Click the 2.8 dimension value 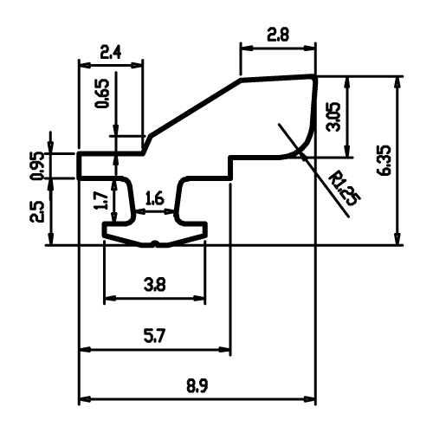[x=277, y=36]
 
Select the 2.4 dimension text [x=111, y=52]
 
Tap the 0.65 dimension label [x=103, y=94]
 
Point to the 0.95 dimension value [x=38, y=166]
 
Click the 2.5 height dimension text [x=37, y=211]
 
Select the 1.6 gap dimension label [x=155, y=199]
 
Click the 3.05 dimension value [x=333, y=117]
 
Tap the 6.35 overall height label [x=385, y=160]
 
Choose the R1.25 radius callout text [x=345, y=188]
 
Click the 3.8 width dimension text [x=155, y=285]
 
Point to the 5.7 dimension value [x=154, y=336]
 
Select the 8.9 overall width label [x=197, y=386]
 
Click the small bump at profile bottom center [x=155, y=242]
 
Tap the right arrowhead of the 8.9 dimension [x=309, y=399]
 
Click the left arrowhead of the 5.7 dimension [x=85, y=349]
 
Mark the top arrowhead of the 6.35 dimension [x=397, y=83]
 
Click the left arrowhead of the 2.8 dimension [x=247, y=48]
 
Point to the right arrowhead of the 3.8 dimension [x=199, y=298]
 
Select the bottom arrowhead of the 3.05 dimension [x=347, y=151]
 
